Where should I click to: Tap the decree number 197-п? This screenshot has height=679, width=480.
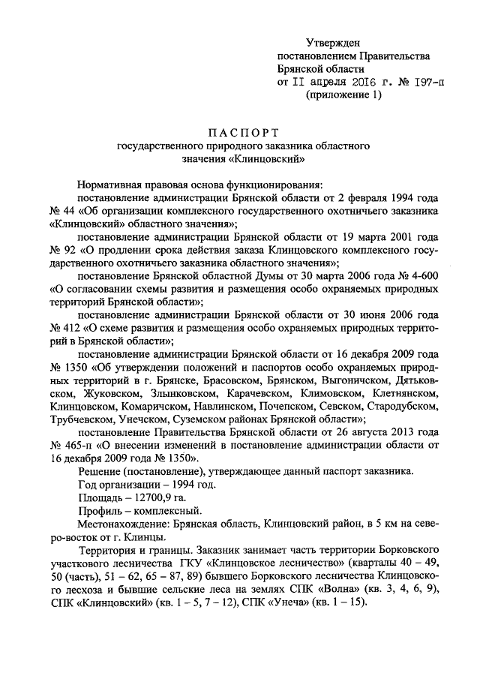424,82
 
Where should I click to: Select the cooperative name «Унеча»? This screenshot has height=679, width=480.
273,604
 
